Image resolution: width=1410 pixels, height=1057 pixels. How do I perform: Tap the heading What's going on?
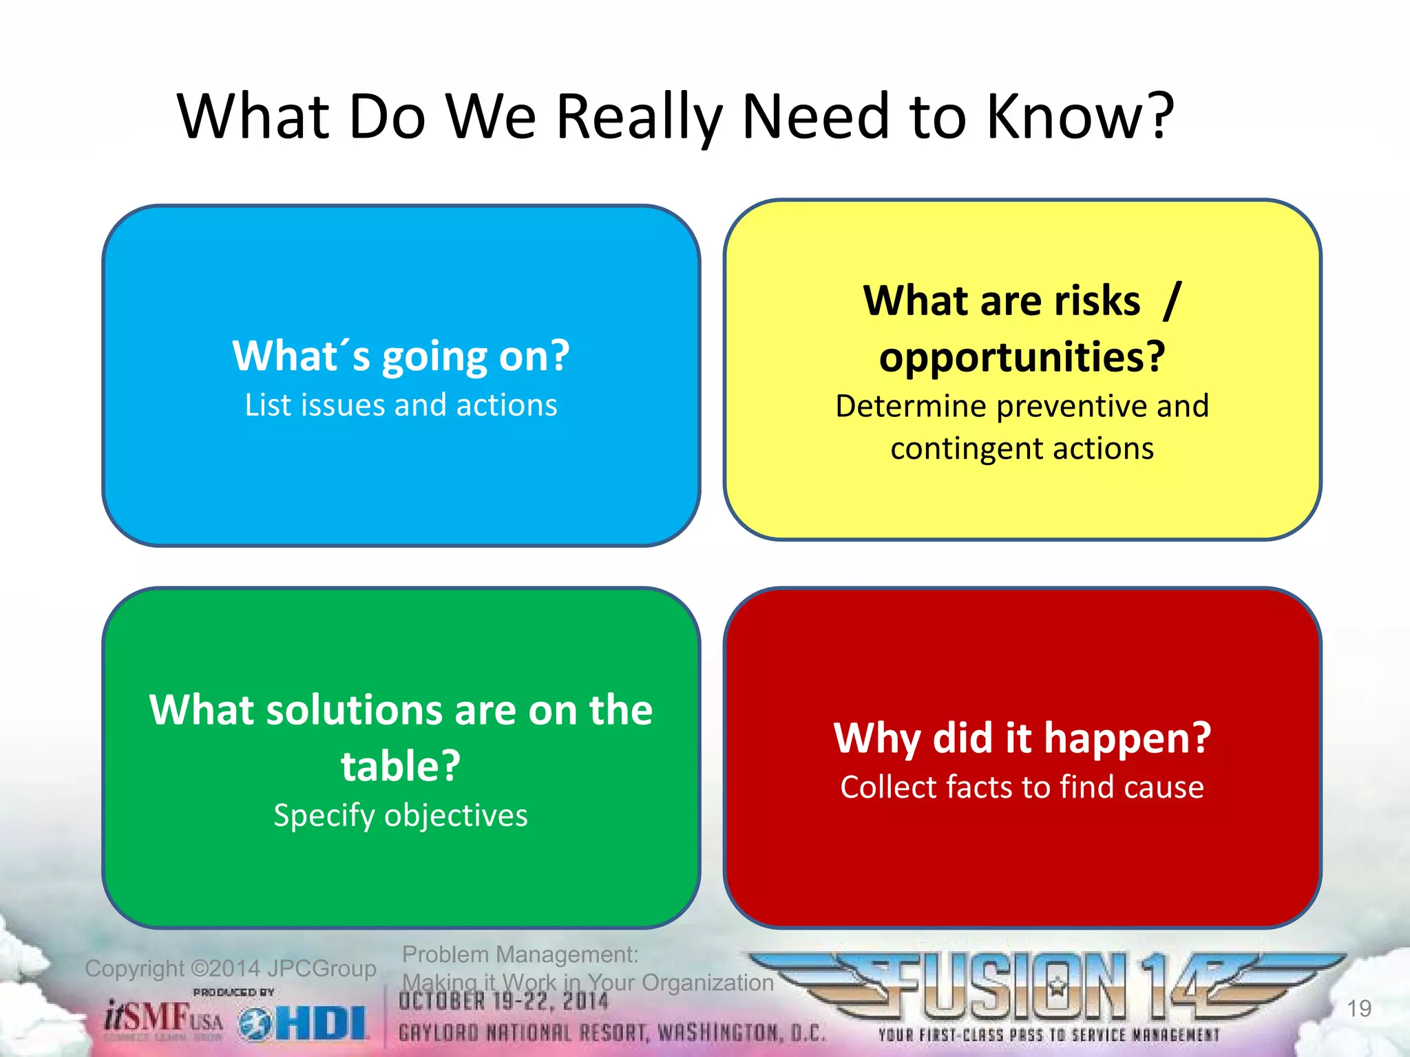pyautogui.click(x=401, y=356)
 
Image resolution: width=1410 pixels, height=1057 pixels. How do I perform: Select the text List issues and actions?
pyautogui.click(x=401, y=405)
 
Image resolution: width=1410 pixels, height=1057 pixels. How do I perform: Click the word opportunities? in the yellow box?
pyautogui.click(x=1022, y=357)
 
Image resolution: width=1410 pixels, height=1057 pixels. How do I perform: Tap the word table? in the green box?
pyautogui.click(x=401, y=766)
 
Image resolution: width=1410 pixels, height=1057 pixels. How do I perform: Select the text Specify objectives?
pyautogui.click(x=401, y=815)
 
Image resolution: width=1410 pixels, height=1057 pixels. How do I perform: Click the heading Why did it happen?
pyautogui.click(x=1022, y=738)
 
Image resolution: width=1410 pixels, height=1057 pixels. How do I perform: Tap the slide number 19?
pyautogui.click(x=1359, y=1009)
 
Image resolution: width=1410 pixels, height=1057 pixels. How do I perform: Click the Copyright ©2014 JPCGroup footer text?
pyautogui.click(x=230, y=969)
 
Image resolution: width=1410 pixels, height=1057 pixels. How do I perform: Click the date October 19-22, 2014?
pyautogui.click(x=503, y=1002)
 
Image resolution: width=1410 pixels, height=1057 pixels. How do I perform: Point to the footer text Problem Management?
pyautogui.click(x=520, y=954)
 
